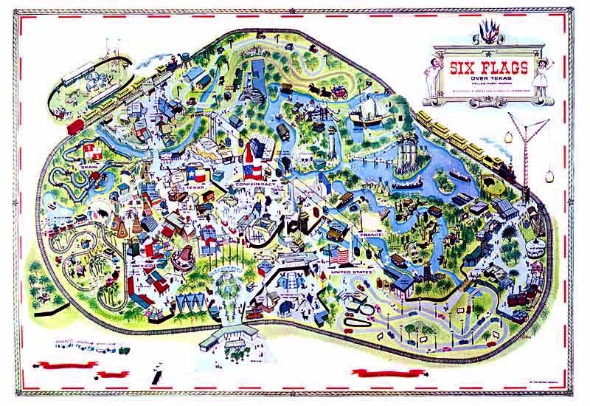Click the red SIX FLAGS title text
pos(490,69)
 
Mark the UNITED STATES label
pos(353,271)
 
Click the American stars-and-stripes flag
pos(339,256)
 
